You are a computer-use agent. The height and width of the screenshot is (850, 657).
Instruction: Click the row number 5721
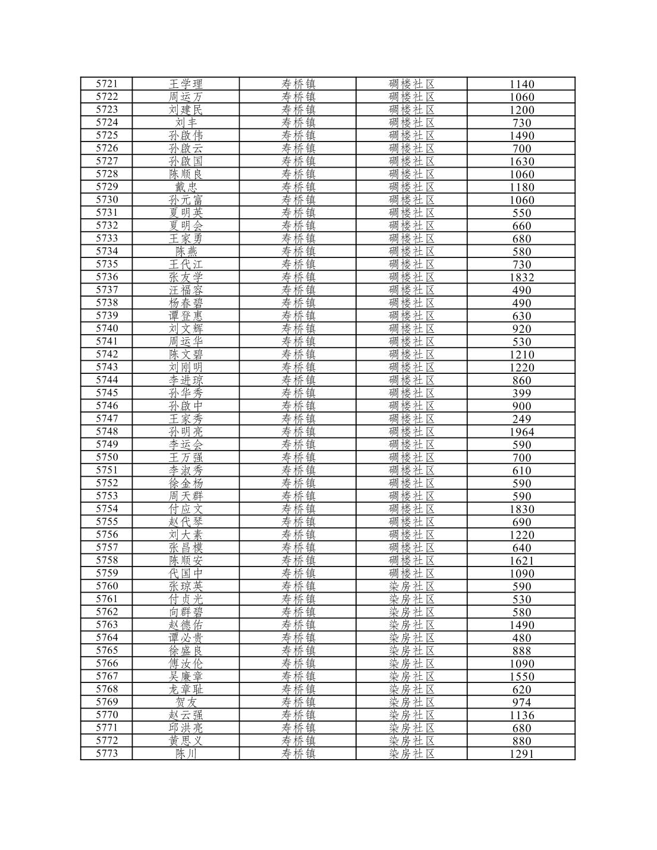(107, 84)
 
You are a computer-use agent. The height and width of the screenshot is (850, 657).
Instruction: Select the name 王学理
(186, 84)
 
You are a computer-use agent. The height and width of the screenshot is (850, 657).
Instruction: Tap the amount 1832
(521, 277)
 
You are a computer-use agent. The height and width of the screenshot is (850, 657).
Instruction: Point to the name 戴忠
(186, 187)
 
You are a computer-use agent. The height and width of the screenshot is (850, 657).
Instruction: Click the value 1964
(521, 432)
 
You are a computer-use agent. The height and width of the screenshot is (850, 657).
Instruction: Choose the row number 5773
(107, 754)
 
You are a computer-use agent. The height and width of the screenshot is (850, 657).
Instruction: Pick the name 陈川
(186, 754)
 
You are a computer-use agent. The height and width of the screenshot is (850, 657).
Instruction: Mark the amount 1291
(521, 754)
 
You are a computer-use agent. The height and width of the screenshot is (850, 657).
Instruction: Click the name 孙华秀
(186, 393)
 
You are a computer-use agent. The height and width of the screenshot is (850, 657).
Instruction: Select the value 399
(521, 393)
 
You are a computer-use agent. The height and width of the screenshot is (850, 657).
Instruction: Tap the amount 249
(521, 418)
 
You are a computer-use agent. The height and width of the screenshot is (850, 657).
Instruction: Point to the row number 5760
(107, 586)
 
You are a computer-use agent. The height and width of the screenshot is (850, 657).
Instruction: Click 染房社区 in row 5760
(411, 586)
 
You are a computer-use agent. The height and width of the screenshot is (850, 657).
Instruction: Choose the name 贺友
(186, 702)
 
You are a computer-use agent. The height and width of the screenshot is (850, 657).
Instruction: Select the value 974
(521, 702)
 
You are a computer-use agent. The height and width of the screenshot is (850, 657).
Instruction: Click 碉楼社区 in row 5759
(411, 573)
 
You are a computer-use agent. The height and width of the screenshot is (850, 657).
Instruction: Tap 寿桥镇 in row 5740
(298, 329)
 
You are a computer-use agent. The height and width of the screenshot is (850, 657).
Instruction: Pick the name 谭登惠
(186, 316)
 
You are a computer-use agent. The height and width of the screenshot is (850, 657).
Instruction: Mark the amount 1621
(521, 561)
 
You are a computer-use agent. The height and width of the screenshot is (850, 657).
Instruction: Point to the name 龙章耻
(186, 689)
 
